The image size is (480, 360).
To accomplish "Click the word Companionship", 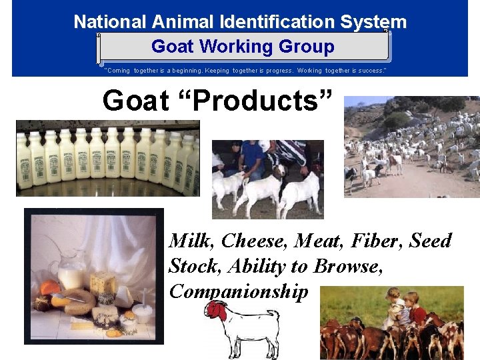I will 239,291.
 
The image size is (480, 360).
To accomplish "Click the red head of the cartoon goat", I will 214,310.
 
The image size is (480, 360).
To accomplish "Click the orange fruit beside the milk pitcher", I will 49,288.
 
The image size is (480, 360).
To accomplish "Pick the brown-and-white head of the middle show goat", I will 279,171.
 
